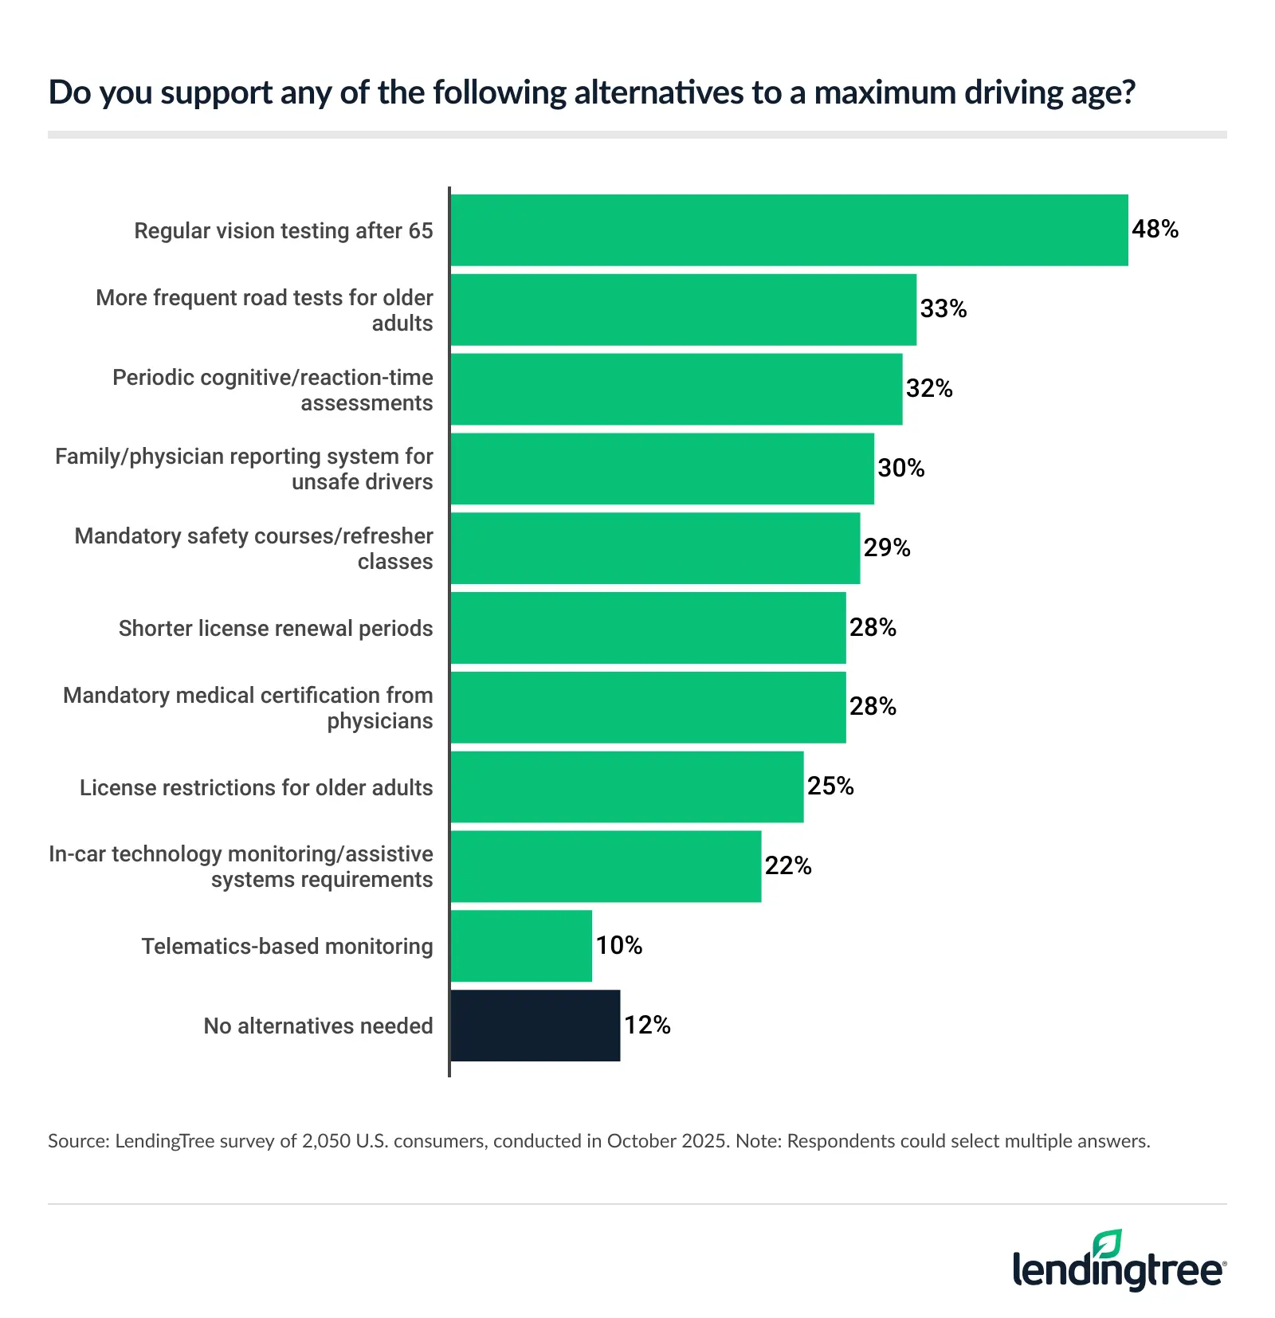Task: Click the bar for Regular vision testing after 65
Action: coord(789,230)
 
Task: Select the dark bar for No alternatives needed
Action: coord(535,1026)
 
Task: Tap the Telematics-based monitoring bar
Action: coord(521,946)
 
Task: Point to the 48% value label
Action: coord(1155,229)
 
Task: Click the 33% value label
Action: coord(943,309)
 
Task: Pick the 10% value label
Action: coord(619,946)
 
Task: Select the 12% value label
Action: coord(647,1026)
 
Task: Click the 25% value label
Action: coord(830,786)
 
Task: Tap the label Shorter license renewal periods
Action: coord(276,629)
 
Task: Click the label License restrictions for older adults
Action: coord(256,788)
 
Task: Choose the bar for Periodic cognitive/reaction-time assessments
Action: coord(676,390)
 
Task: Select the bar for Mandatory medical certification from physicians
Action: coord(648,708)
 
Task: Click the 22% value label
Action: coord(788,866)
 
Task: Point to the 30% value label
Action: coord(901,469)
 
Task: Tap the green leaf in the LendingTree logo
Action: coord(1108,1244)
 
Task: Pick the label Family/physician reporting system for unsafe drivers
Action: coord(244,469)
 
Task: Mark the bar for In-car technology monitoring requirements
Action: coord(606,867)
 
